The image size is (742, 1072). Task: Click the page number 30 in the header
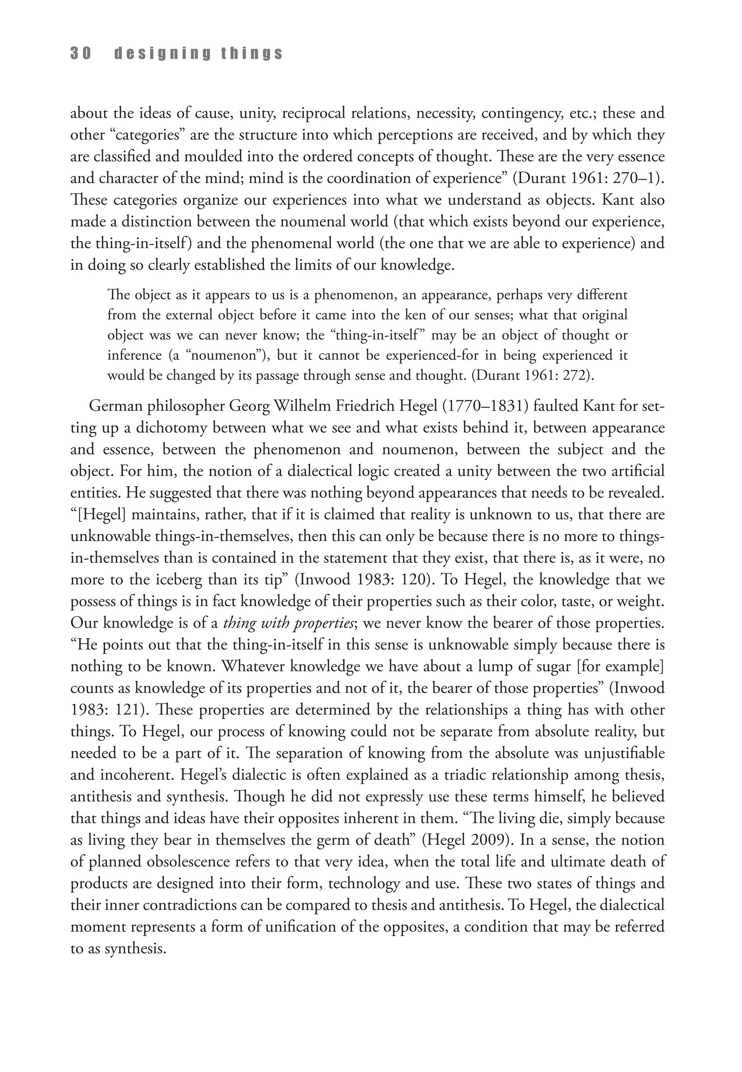(x=80, y=54)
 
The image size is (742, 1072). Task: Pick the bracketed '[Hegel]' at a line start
(x=100, y=515)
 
